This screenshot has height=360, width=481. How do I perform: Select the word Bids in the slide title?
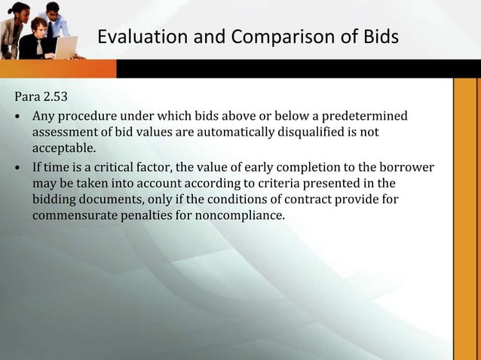pos(378,36)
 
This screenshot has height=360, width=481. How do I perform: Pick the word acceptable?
pos(64,150)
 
